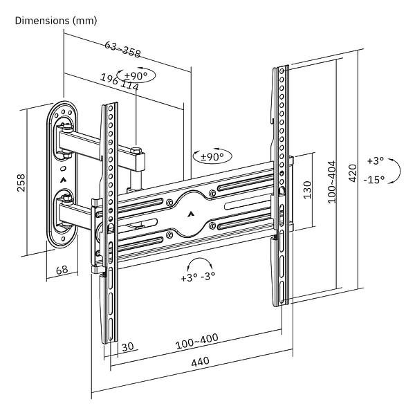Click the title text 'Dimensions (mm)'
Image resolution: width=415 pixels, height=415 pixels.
(x=56, y=20)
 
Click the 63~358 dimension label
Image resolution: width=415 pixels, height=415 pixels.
(x=122, y=50)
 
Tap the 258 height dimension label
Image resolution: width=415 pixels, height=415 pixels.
(x=21, y=182)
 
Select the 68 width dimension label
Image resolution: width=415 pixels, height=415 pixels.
(x=62, y=270)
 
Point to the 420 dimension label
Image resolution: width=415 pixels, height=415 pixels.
(x=353, y=172)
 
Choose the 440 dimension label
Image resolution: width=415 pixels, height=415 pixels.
(x=200, y=361)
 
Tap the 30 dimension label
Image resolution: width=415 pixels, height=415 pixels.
(x=127, y=347)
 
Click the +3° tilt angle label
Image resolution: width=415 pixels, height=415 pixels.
(x=375, y=160)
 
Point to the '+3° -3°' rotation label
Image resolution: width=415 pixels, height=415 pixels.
(x=198, y=277)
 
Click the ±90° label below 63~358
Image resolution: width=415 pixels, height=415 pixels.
(x=136, y=75)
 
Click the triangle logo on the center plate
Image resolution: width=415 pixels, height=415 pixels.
(x=189, y=213)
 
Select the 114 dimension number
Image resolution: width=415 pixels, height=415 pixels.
(x=129, y=86)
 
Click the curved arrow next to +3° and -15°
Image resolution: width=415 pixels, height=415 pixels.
(x=394, y=170)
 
